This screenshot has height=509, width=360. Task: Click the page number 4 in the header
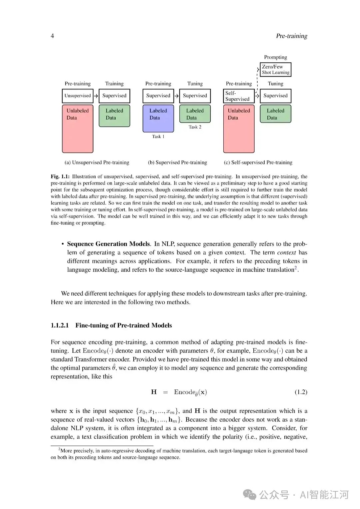coord(52,36)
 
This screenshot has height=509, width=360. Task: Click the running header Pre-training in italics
coord(291,36)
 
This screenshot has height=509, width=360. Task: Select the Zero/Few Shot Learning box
coord(275,69)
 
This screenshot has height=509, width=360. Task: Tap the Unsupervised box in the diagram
coord(77,96)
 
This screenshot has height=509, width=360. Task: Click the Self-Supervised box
coord(238,96)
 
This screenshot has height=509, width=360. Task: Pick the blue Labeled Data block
coord(158,119)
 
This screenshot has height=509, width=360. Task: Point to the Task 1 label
coord(158,137)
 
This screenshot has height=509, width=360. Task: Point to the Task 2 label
coord(195,127)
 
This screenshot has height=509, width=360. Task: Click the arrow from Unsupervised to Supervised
coord(96,96)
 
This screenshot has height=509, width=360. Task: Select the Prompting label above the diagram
coord(275,57)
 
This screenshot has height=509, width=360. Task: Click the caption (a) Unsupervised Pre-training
coord(97,163)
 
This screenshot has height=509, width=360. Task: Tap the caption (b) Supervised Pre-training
coord(177,163)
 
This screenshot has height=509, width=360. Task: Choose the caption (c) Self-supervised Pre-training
coord(258,163)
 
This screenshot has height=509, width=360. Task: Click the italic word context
coord(286,253)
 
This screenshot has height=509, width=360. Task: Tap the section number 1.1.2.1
coord(60,325)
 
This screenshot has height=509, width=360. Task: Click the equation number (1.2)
coord(301,392)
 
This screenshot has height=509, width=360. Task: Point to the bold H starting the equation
coord(154,392)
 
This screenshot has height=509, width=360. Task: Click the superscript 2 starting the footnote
coord(59,449)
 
